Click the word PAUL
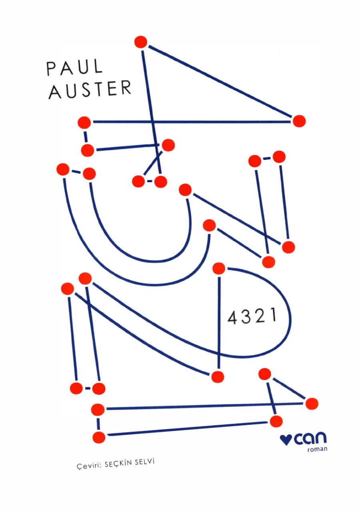coord(74,67)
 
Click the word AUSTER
coord(90,90)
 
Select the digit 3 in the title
coord(246,316)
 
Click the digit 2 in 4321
coord(260,315)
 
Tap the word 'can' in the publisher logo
coord(310,438)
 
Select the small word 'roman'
coord(317,449)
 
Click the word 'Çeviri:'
coord(89,466)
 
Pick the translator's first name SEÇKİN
coord(118,464)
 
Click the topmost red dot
coord(141,42)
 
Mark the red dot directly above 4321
coord(219,268)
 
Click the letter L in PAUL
coord(98,66)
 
